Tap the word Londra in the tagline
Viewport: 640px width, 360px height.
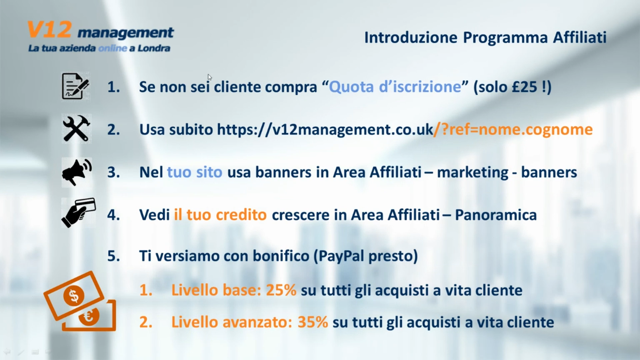154,48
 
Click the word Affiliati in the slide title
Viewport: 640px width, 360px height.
580,37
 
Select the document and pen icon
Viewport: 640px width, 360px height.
76,86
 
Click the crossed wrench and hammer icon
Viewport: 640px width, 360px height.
76,129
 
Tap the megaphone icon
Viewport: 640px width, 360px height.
77,172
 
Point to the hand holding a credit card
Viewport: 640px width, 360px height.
78,213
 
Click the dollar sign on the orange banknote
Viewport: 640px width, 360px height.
74,296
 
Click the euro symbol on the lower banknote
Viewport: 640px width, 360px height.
89,316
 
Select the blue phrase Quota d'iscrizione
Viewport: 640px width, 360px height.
395,87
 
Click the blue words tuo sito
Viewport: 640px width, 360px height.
195,172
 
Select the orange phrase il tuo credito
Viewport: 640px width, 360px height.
220,215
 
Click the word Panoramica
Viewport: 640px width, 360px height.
496,215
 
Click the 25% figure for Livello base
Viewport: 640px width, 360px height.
281,290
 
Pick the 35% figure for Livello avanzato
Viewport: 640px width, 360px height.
313,322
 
